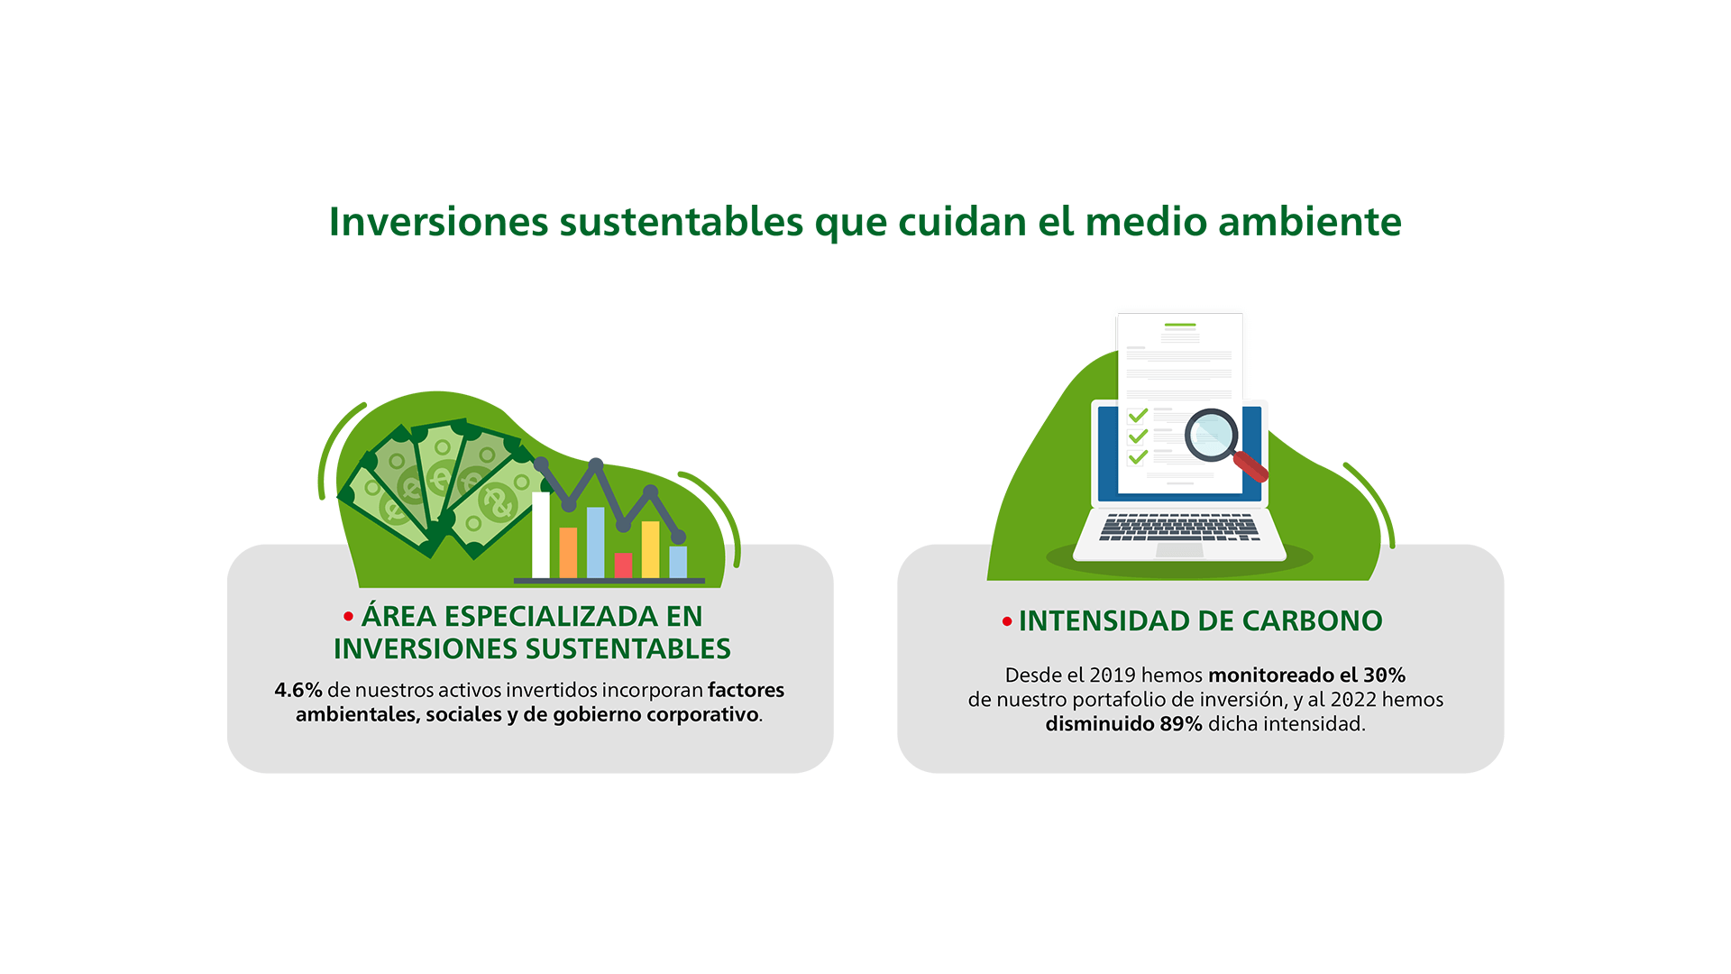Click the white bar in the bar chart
pos(541,535)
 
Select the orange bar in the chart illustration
pos(568,553)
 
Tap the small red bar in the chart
pos(623,565)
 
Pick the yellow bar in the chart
pos(650,549)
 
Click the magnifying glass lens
pos(1211,435)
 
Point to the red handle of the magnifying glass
pos(1250,466)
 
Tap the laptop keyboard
pos(1179,528)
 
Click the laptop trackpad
pos(1179,549)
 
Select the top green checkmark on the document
pos(1138,415)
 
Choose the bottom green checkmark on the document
pos(1138,456)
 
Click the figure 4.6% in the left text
pos(298,690)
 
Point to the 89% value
pos(1181,724)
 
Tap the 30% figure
pos(1384,675)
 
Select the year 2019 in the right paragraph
pos(1113,675)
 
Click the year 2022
pos(1353,700)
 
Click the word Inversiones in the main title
pos(438,222)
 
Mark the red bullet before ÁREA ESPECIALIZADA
pos(348,617)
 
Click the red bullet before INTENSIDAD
pos(1007,621)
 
